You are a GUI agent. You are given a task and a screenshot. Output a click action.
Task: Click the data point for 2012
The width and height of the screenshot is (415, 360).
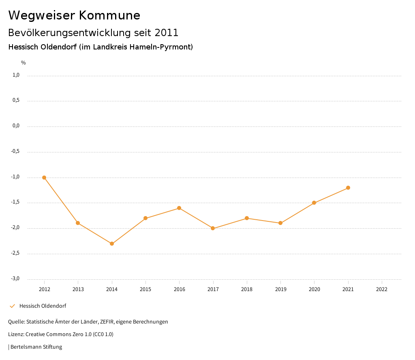pyautogui.click(x=44, y=178)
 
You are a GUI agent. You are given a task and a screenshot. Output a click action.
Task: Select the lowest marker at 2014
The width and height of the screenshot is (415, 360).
pyautogui.click(x=112, y=244)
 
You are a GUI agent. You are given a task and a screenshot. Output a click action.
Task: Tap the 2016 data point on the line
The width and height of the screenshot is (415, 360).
pyautogui.click(x=179, y=208)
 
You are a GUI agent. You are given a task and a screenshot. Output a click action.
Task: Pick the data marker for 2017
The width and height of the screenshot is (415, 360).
pyautogui.click(x=213, y=228)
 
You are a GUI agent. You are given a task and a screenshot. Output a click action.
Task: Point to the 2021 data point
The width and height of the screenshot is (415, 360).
pyautogui.click(x=348, y=188)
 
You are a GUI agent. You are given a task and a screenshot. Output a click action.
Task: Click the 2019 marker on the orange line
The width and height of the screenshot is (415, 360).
pyautogui.click(x=280, y=223)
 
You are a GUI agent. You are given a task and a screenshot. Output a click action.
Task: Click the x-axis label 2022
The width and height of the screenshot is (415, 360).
pyautogui.click(x=382, y=289)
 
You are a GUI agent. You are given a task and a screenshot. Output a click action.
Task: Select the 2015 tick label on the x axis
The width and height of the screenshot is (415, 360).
pyautogui.click(x=145, y=289)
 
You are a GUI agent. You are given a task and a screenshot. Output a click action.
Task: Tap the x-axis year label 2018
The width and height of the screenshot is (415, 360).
pyautogui.click(x=247, y=289)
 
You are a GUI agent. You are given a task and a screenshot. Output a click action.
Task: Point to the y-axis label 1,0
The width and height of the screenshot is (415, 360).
pyautogui.click(x=16, y=75)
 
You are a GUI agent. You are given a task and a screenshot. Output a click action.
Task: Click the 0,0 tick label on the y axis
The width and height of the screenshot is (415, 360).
pyautogui.click(x=16, y=126)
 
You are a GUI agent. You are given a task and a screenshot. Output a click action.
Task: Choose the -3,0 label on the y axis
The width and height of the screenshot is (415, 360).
pyautogui.click(x=15, y=279)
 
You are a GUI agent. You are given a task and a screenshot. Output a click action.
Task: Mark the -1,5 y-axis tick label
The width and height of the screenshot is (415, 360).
pyautogui.click(x=15, y=202)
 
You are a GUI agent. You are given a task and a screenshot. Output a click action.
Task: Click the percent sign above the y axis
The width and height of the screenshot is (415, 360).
pyautogui.click(x=24, y=63)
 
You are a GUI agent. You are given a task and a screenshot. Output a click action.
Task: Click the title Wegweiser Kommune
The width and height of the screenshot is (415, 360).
pyautogui.click(x=74, y=15)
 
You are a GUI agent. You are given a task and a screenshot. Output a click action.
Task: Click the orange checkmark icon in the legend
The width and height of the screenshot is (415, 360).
pyautogui.click(x=12, y=306)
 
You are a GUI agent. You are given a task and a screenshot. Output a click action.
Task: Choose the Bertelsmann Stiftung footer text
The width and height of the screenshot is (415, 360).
pyautogui.click(x=36, y=347)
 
